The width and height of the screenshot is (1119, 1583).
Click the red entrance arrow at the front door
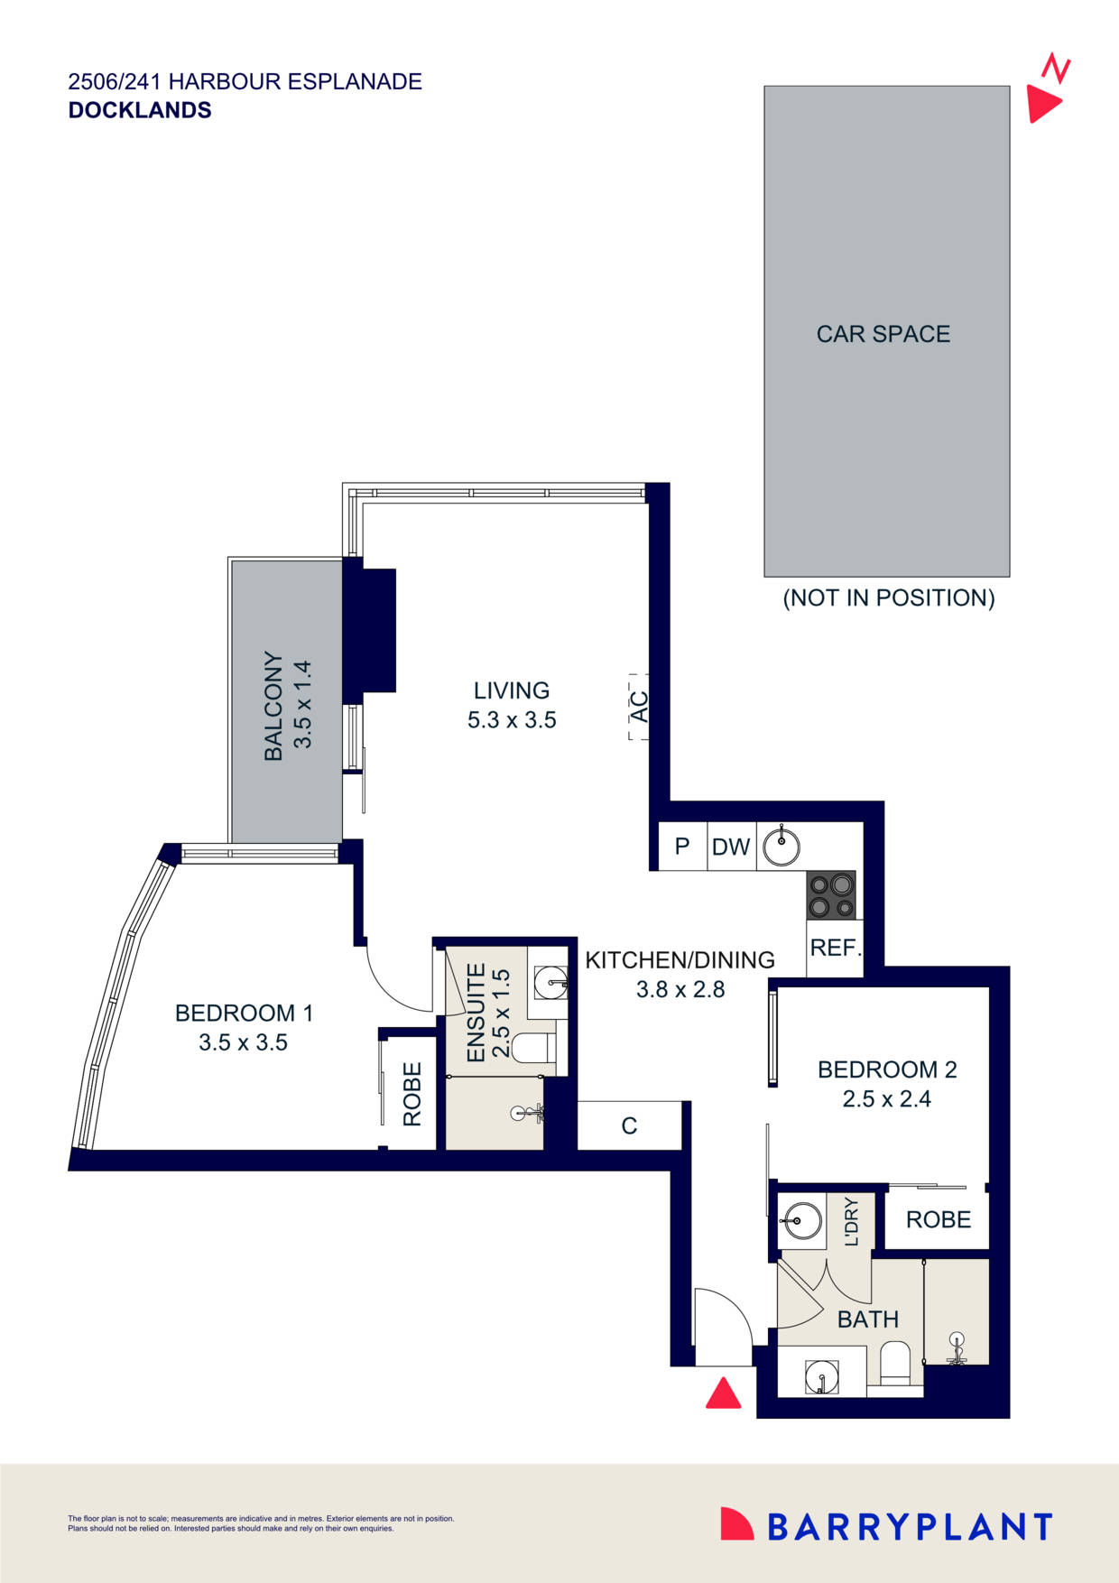coord(723,1393)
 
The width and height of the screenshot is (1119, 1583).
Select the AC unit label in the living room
coord(639,707)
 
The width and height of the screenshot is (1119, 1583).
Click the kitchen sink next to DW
coord(781,847)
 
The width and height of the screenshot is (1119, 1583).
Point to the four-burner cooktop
coord(831,895)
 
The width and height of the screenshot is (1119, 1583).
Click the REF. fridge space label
coord(836,949)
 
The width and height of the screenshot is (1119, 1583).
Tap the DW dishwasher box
coord(731,847)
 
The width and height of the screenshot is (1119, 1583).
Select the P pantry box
coord(682,847)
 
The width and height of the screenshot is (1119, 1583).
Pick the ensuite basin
coord(550,982)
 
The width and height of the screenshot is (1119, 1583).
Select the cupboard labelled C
coord(629,1125)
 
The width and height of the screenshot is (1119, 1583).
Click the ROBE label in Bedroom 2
coord(939,1219)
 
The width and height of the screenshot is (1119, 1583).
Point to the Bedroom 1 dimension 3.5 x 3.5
coord(244,1042)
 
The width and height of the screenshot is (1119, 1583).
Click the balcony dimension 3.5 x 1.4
coord(303,705)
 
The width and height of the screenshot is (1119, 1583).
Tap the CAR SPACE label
coord(883,334)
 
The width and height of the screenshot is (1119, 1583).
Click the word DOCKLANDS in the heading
coord(140,110)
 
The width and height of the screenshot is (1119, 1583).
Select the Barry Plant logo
coord(886,1525)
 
